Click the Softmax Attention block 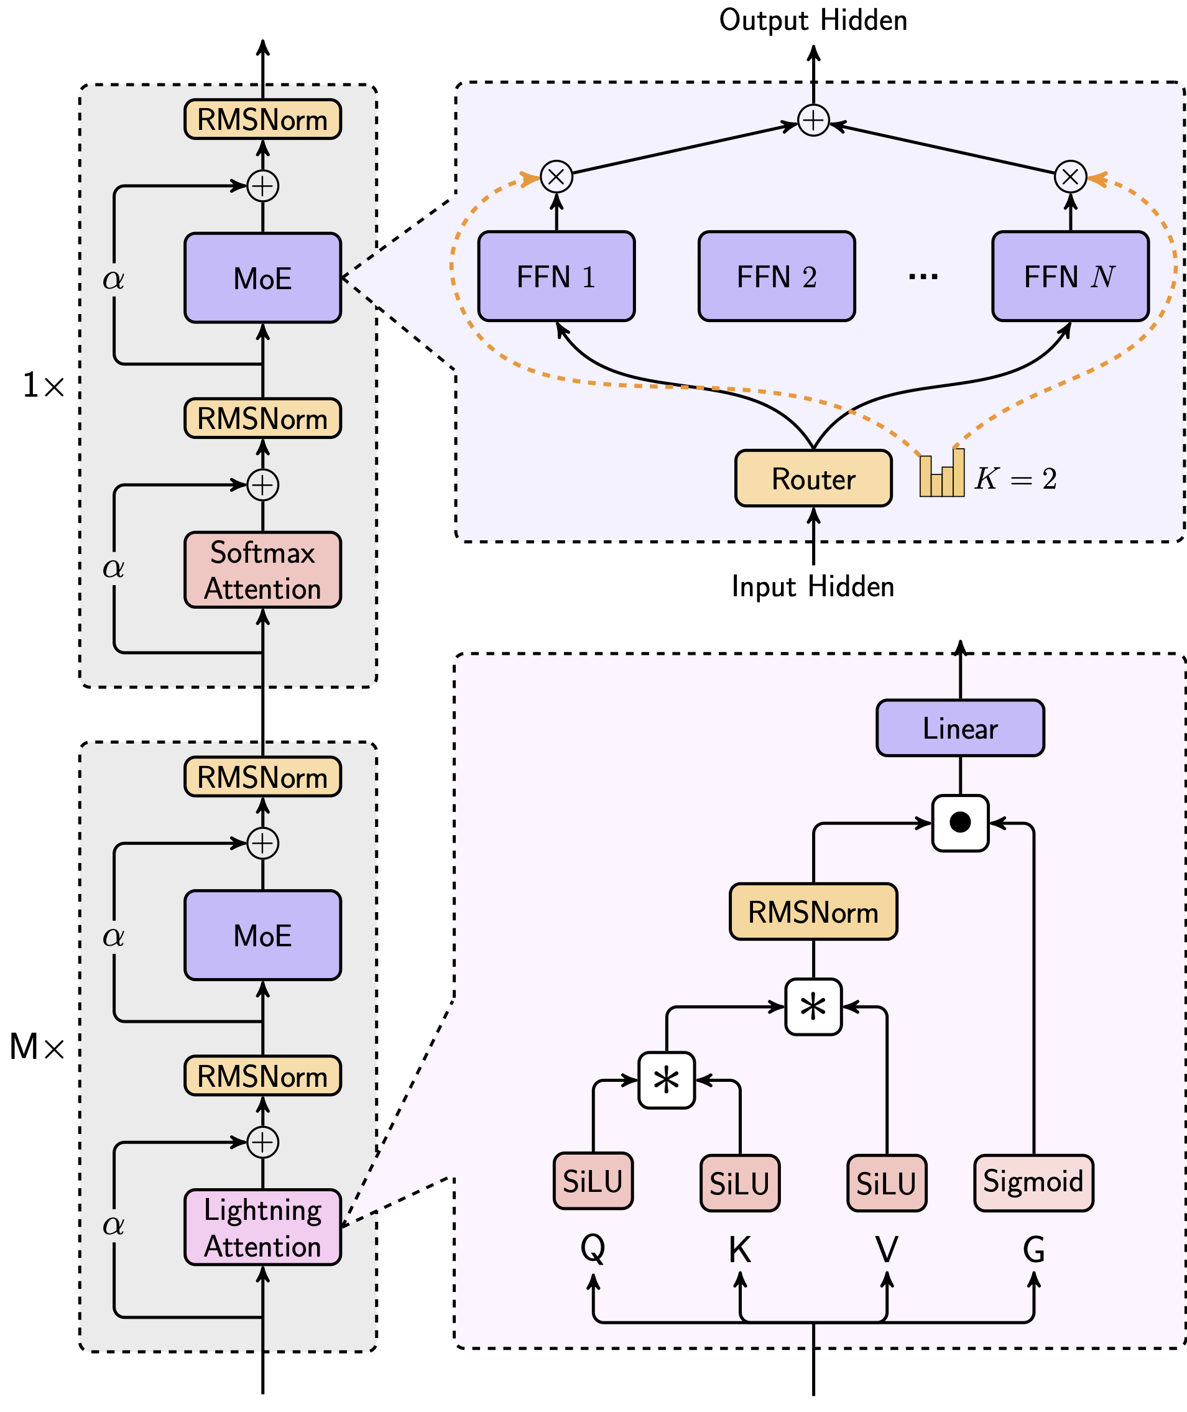tap(262, 570)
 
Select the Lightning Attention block tap(262, 1227)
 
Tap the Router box tap(813, 478)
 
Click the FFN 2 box tap(777, 277)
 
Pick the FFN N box tap(1070, 277)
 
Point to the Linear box tap(959, 728)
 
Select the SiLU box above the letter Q tap(593, 1181)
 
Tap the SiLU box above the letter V tap(886, 1183)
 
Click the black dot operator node tap(959, 823)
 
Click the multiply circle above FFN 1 tap(557, 177)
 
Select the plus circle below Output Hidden tap(813, 121)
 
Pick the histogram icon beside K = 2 tap(941, 474)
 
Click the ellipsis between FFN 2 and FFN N tap(923, 277)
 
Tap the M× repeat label tap(37, 1048)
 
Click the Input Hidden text tap(813, 586)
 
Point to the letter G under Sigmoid tap(1033, 1250)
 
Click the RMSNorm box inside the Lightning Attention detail tap(813, 911)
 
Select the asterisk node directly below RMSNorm tap(813, 1007)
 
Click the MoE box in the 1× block tap(262, 278)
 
